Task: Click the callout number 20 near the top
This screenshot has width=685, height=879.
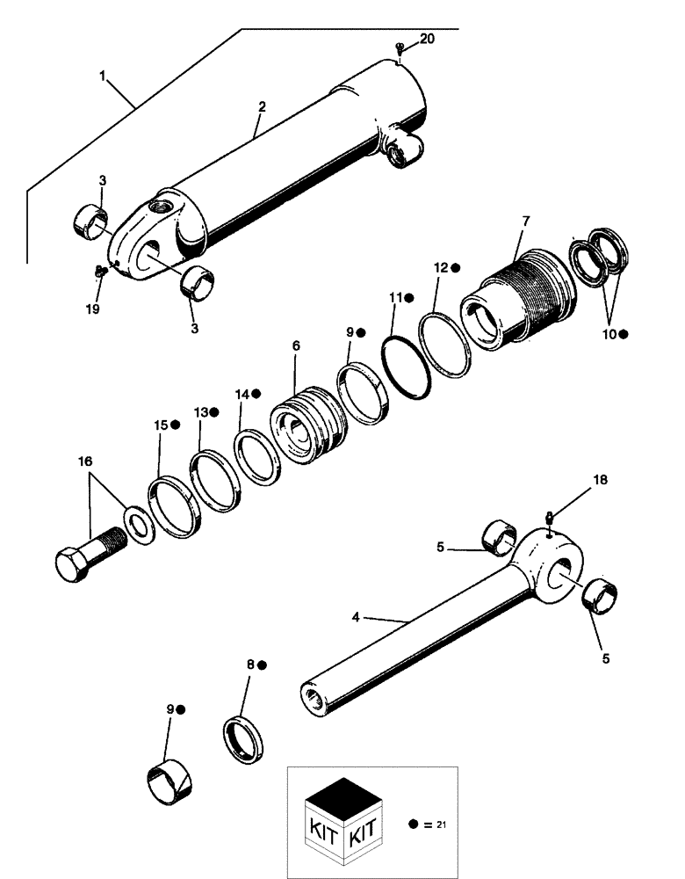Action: click(x=427, y=40)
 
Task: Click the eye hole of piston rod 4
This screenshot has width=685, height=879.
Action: click(x=561, y=572)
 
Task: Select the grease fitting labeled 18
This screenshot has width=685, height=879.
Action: click(x=549, y=520)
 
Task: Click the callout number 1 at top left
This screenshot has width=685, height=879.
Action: click(x=104, y=77)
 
